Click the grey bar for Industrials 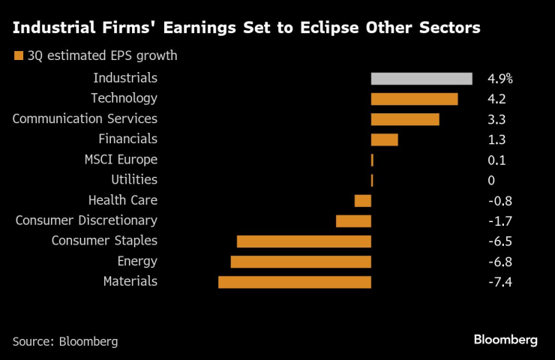[421, 79]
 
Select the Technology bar [414, 99]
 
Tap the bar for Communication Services [405, 119]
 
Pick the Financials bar [384, 139]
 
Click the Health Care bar [363, 200]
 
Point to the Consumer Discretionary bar [353, 220]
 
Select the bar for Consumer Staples [304, 241]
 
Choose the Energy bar [301, 262]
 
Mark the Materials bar [295, 282]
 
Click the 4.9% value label [499, 79]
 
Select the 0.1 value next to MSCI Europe [496, 160]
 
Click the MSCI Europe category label [121, 159]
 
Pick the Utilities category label [134, 179]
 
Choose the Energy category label [137, 261]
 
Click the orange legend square [17, 55]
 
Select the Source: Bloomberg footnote [65, 340]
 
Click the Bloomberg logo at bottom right [505, 340]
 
